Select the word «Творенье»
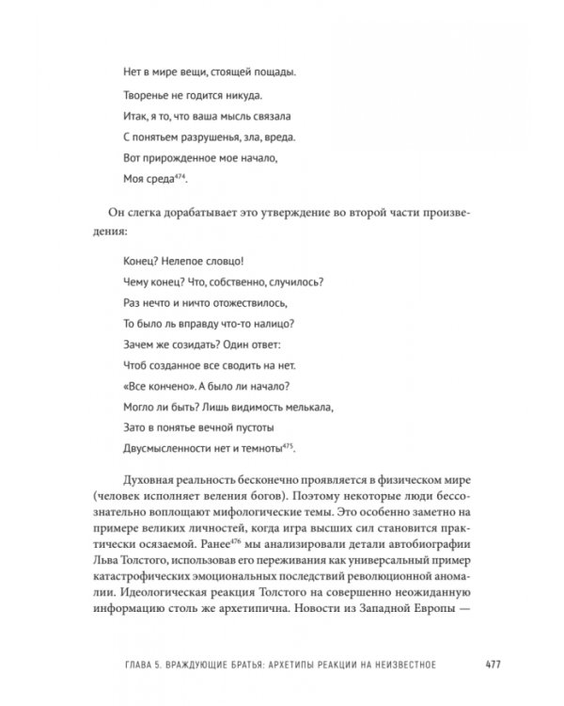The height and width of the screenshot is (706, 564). [151, 95]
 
